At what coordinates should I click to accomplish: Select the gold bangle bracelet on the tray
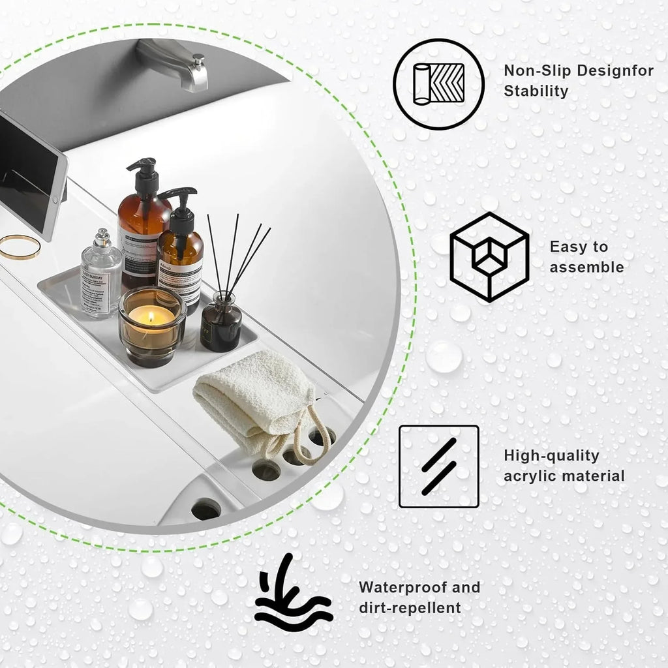pos(19,246)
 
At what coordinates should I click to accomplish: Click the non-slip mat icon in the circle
pos(438,83)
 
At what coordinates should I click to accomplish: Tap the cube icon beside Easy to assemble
pos(489,257)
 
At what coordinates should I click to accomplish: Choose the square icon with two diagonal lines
pos(438,466)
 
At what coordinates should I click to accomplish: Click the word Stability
pos(536,91)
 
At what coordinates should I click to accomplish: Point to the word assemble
pos(586,267)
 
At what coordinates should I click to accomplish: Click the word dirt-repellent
pos(410,608)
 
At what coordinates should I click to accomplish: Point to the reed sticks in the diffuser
pos(238,254)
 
